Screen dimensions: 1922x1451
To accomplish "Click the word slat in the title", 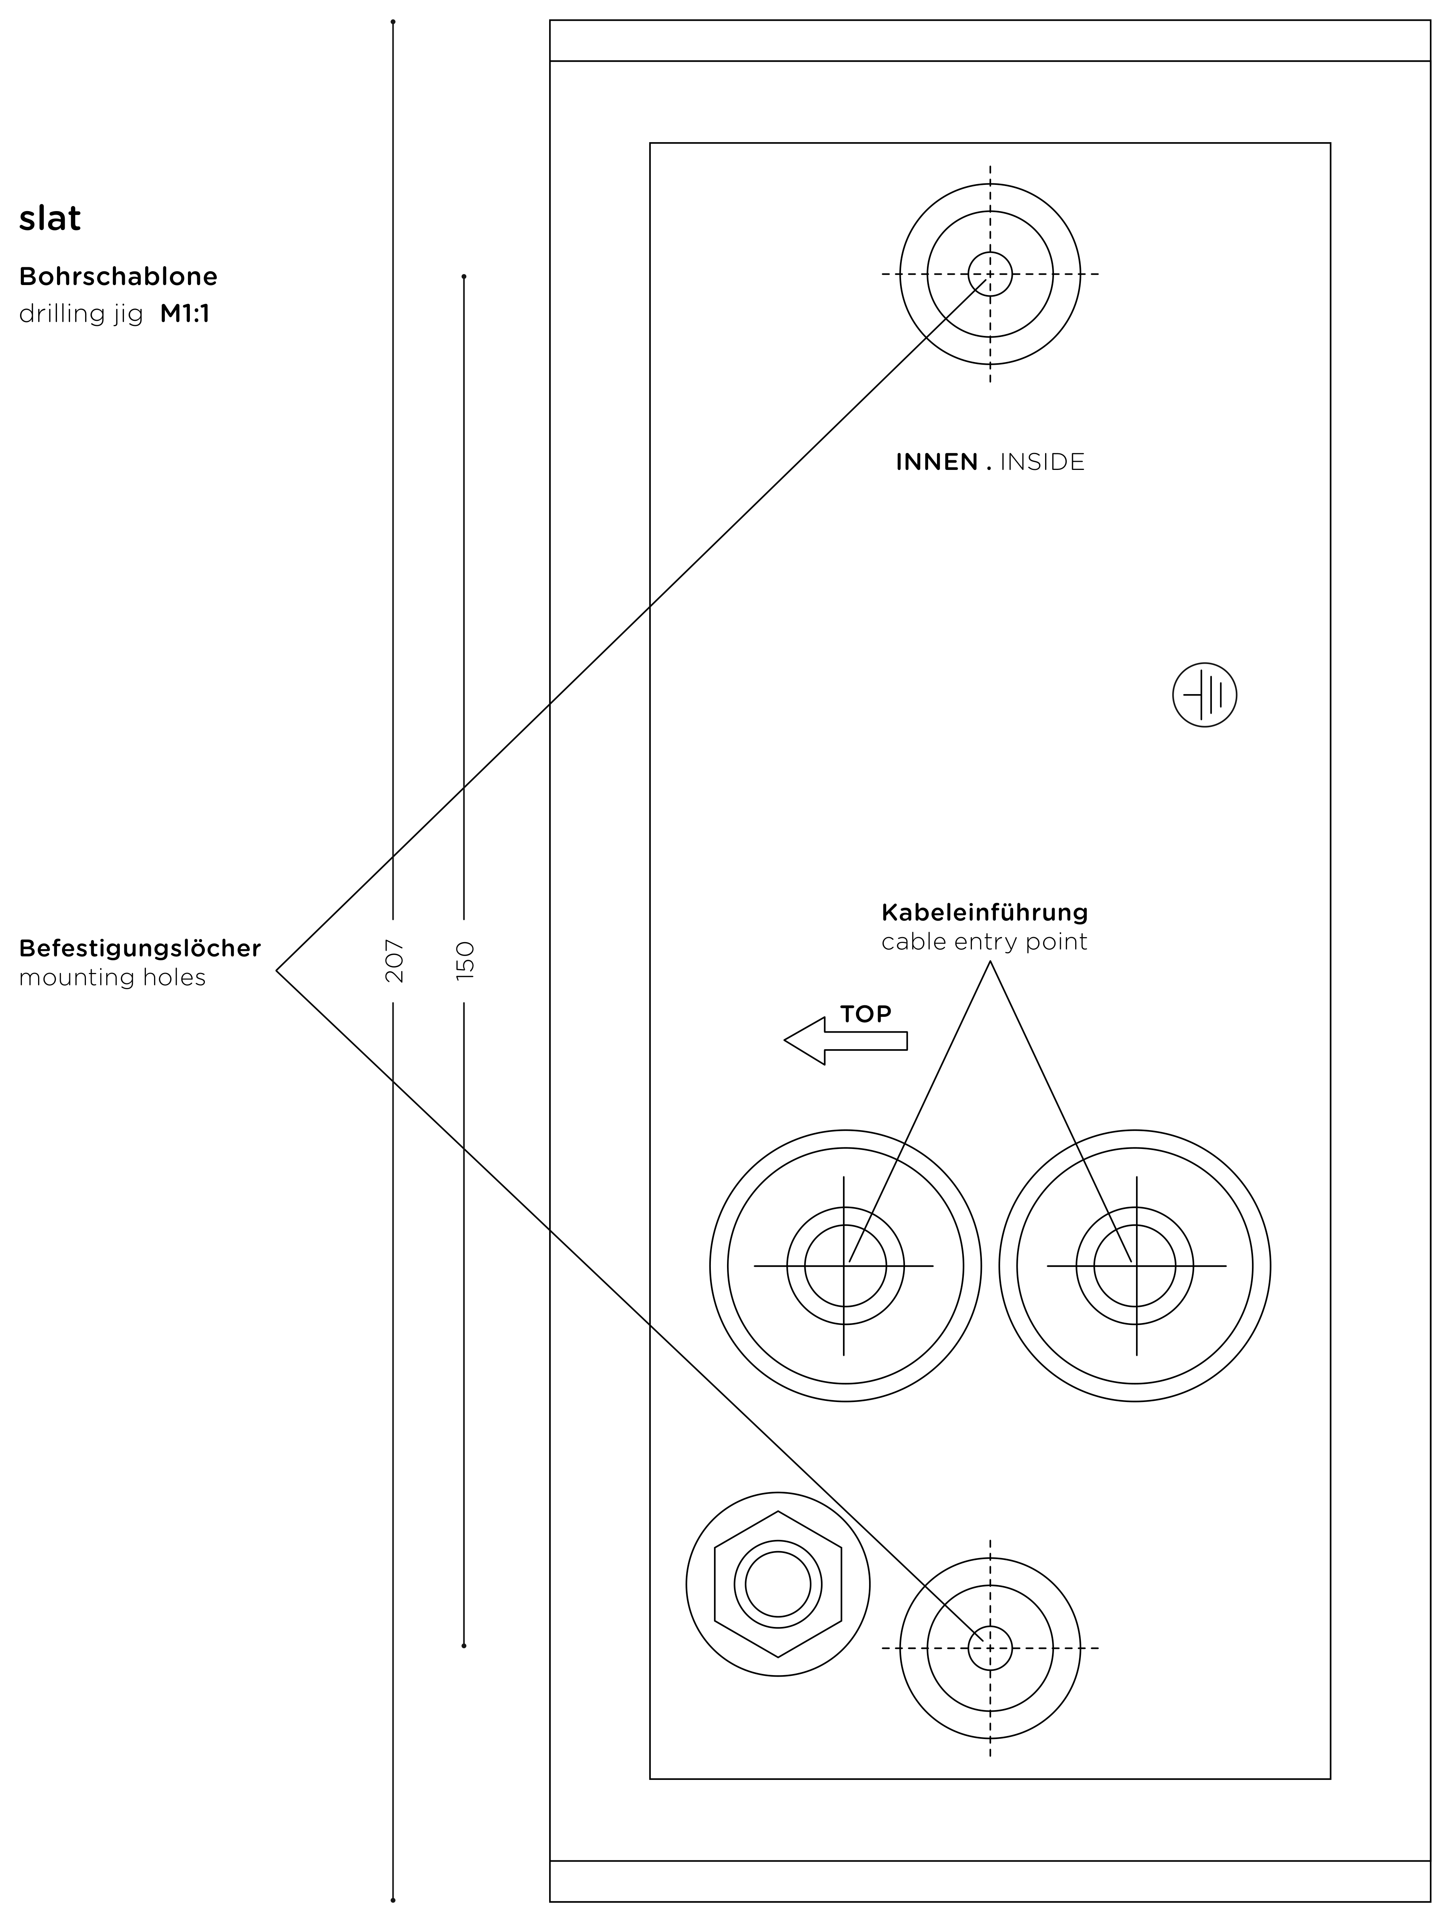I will (x=50, y=218).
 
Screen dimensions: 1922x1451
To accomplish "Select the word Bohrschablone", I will (x=118, y=277).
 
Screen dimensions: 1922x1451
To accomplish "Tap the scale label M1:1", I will (x=184, y=314).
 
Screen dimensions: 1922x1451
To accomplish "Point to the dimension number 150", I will (x=465, y=960).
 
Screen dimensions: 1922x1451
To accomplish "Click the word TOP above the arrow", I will (x=865, y=1014).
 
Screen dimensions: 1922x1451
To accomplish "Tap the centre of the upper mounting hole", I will (x=990, y=275).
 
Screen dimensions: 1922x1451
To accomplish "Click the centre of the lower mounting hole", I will (x=990, y=1647).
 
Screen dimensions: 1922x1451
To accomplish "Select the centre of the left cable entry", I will (x=844, y=1266).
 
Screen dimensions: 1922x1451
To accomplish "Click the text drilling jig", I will (x=81, y=314).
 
